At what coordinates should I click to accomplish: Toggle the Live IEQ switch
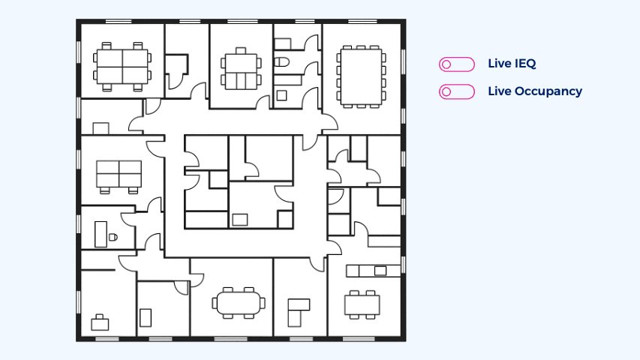(457, 64)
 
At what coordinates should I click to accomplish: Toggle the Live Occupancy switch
(457, 91)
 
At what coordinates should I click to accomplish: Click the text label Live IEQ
(512, 64)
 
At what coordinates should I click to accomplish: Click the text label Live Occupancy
(534, 91)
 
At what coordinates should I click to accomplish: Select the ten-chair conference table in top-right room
(362, 75)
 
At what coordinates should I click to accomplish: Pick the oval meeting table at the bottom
(239, 303)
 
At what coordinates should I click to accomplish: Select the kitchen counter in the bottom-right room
(371, 270)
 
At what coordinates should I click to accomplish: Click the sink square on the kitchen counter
(380, 270)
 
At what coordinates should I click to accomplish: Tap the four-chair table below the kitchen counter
(362, 304)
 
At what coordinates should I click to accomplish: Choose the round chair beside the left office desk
(113, 237)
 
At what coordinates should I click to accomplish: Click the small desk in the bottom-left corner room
(100, 324)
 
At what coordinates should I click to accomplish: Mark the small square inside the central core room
(240, 220)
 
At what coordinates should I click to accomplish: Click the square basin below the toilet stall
(282, 95)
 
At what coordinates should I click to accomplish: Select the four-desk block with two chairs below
(119, 175)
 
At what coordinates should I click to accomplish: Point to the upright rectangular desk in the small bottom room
(146, 317)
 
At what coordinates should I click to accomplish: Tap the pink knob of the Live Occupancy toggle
(447, 91)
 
